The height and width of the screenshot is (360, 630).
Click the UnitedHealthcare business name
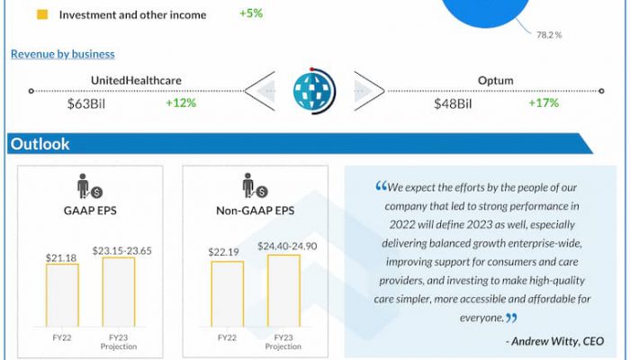pyautogui.click(x=136, y=80)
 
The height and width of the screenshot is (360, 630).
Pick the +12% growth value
pyautogui.click(x=181, y=103)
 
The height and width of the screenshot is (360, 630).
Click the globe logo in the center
pyautogui.click(x=314, y=92)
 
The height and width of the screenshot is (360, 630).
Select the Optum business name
pyautogui.click(x=495, y=80)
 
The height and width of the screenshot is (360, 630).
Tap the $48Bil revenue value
pyautogui.click(x=453, y=103)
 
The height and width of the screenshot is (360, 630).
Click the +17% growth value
pyautogui.click(x=544, y=103)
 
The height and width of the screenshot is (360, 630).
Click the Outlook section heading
pyautogui.click(x=40, y=144)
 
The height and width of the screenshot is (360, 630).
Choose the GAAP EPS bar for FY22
pyautogui.click(x=62, y=298)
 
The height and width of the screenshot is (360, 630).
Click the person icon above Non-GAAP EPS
pyautogui.click(x=251, y=187)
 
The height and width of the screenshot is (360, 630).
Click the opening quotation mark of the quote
pyautogui.click(x=380, y=187)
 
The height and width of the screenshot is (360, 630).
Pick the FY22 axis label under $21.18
pyautogui.click(x=62, y=340)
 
